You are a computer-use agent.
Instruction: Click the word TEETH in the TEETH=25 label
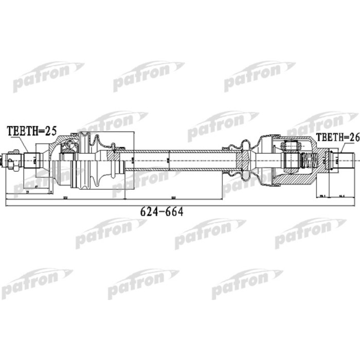click(x=21, y=131)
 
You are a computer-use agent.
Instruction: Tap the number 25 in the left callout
click(x=50, y=131)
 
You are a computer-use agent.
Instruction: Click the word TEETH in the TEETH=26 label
click(x=330, y=137)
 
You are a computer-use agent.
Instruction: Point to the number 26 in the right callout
click(x=353, y=137)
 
